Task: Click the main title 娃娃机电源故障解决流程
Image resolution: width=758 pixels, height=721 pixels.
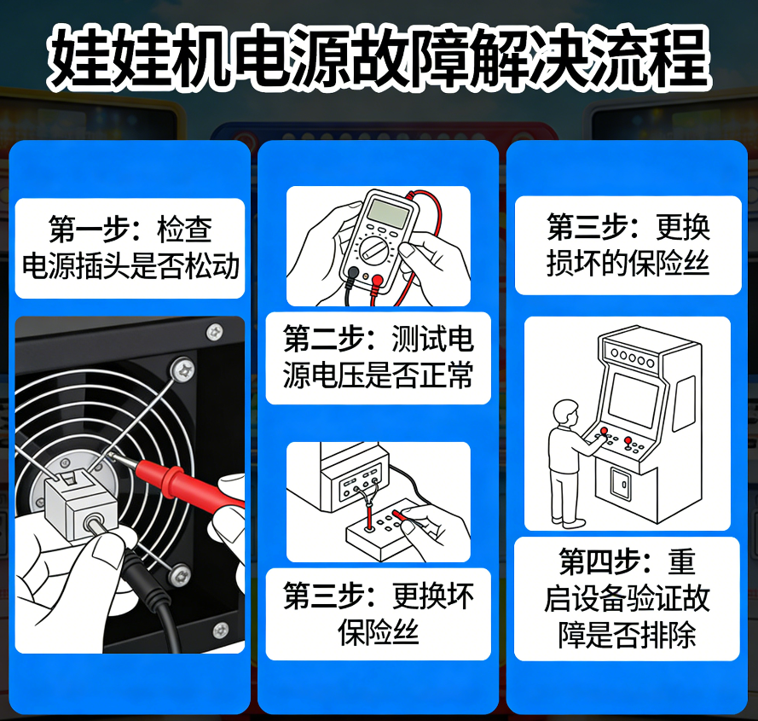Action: (x=379, y=57)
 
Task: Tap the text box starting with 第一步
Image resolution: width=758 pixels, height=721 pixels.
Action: (x=130, y=247)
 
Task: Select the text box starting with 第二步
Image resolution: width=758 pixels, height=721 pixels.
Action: (x=378, y=358)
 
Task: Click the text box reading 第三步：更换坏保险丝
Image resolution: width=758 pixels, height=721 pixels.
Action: (x=378, y=613)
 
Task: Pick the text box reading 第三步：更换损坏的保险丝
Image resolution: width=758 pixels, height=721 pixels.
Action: (x=628, y=246)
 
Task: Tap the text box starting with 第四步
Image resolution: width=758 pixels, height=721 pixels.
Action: (x=627, y=599)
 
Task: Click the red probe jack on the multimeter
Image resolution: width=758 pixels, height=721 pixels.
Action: (x=376, y=279)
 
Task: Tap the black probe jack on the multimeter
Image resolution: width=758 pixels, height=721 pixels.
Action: (x=353, y=273)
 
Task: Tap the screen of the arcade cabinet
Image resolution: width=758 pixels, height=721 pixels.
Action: (x=633, y=399)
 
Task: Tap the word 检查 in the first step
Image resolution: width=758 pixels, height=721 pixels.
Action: (x=184, y=229)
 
